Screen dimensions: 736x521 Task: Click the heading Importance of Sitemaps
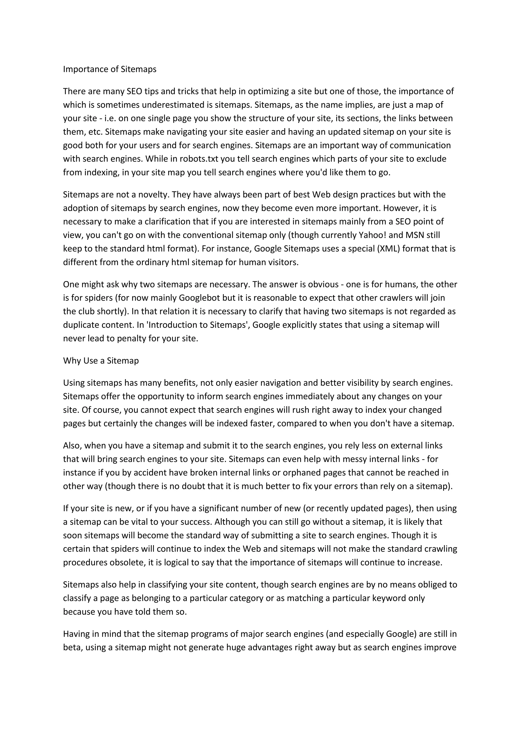coord(110,69)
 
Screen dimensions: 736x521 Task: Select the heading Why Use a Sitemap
coord(101,361)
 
